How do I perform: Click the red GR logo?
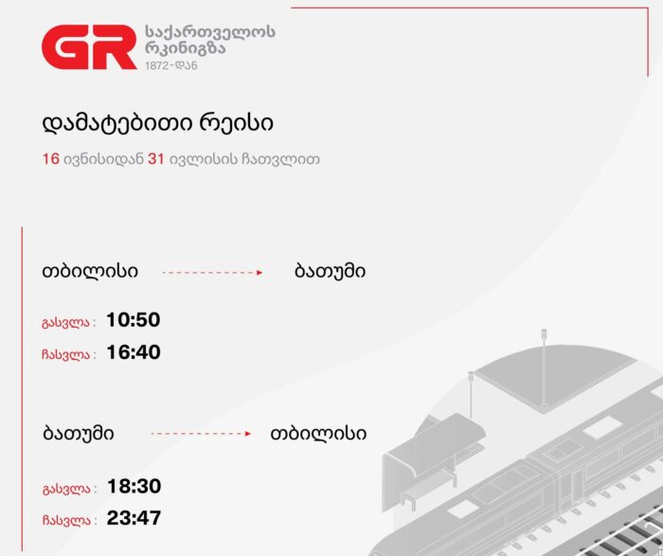[89, 47]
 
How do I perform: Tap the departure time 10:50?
[134, 319]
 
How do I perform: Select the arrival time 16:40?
[134, 352]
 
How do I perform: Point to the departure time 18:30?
[134, 486]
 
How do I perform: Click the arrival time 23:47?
[134, 518]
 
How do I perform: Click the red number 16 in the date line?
[51, 159]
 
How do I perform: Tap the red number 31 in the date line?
[156, 159]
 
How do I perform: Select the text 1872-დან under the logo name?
[171, 65]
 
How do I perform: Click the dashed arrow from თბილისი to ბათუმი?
[213, 273]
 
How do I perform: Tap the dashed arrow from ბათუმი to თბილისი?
[201, 434]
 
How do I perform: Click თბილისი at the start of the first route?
[90, 271]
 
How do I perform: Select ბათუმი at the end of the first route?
[330, 271]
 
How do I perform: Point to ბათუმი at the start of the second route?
[79, 434]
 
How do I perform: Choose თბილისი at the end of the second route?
[318, 434]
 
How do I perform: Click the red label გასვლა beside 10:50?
[66, 323]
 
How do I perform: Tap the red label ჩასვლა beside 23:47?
[67, 521]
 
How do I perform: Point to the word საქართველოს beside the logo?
[210, 31]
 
